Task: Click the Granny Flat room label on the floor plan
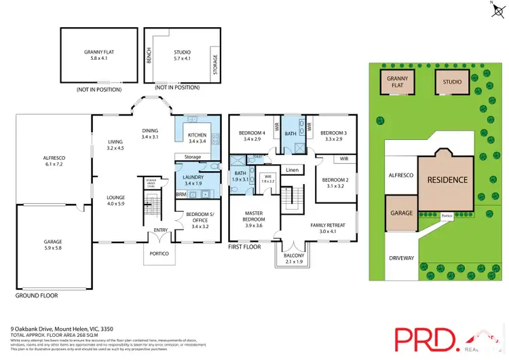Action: click(101, 54)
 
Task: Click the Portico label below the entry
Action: click(161, 253)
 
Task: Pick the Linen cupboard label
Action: click(292, 170)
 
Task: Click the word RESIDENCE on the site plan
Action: click(447, 180)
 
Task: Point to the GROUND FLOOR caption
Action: click(36, 296)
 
